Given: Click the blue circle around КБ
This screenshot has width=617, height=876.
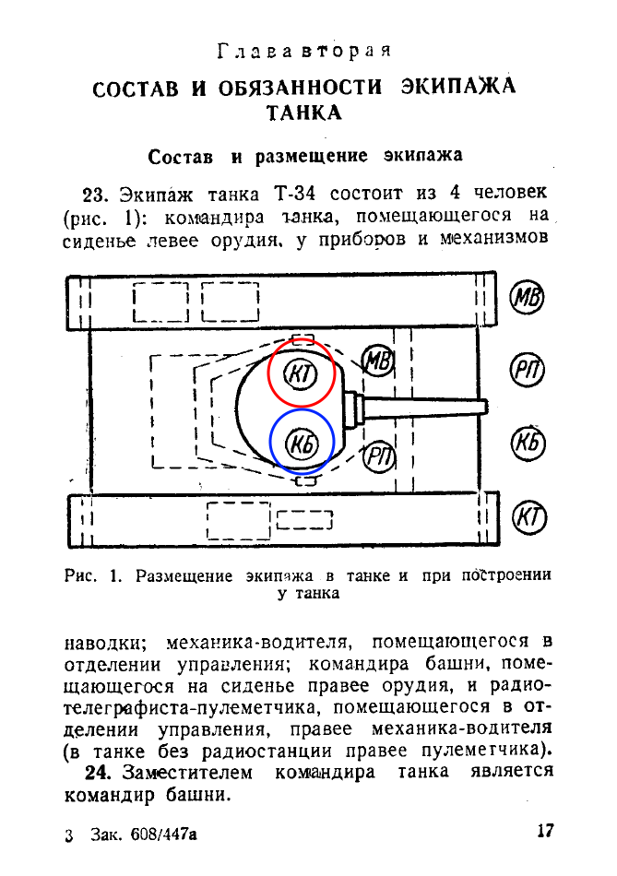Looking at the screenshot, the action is click(x=303, y=409).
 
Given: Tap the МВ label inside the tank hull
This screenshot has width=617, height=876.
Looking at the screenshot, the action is click(x=378, y=361).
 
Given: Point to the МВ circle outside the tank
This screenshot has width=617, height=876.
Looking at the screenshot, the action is click(x=527, y=297).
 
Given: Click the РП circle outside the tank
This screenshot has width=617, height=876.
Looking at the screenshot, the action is click(x=528, y=370).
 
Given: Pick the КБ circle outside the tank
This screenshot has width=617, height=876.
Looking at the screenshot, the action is click(x=528, y=443).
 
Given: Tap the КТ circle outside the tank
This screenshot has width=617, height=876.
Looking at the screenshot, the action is click(x=529, y=516).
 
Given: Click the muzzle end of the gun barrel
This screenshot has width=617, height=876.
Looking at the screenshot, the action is click(x=487, y=406).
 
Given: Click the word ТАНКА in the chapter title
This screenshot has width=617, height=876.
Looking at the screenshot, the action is click(x=303, y=113).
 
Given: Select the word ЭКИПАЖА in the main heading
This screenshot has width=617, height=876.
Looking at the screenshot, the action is click(x=458, y=87).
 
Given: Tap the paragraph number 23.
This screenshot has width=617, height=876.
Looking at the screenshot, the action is click(x=94, y=195).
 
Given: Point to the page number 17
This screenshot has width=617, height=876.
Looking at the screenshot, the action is click(x=545, y=831).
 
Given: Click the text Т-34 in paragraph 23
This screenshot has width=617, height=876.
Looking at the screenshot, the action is click(x=294, y=194).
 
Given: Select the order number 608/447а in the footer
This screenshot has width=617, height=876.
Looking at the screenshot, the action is click(x=164, y=835).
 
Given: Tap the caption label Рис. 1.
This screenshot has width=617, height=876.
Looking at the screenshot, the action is click(x=93, y=576).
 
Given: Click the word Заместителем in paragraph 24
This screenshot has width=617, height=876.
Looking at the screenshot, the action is click(x=188, y=773).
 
